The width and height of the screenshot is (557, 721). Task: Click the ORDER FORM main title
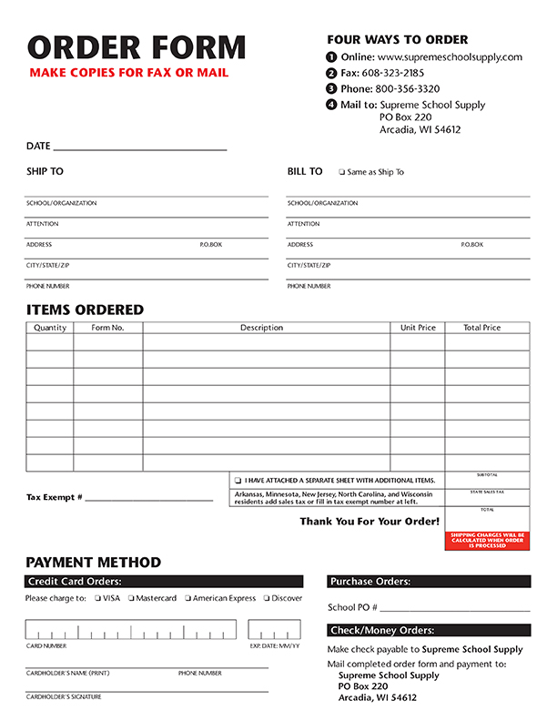pos(137,47)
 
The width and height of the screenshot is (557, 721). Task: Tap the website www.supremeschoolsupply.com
pos(450,56)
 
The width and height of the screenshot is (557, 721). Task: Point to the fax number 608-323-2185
pos(393,73)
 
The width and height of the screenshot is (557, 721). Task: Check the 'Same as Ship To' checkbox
pos(341,172)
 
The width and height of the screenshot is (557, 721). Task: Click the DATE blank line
pos(140,147)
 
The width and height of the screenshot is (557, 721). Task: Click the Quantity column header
pos(50,328)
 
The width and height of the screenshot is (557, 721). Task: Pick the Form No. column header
pos(108,328)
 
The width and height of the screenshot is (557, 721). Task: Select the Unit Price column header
pos(418,328)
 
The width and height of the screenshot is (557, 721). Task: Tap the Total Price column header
pos(482,328)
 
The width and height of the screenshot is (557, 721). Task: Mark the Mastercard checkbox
pos(131,598)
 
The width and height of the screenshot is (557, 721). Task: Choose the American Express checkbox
pos(187,598)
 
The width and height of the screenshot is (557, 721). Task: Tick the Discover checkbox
pos(266,598)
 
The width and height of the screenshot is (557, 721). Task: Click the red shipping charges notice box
pos(487,541)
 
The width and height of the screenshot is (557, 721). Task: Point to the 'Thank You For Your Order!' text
pos(370,522)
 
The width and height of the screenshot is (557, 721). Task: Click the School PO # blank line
pos(455,608)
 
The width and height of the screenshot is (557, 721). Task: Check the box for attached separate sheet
pos(238,481)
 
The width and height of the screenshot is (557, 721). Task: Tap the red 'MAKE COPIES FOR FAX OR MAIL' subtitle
pos(128,73)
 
